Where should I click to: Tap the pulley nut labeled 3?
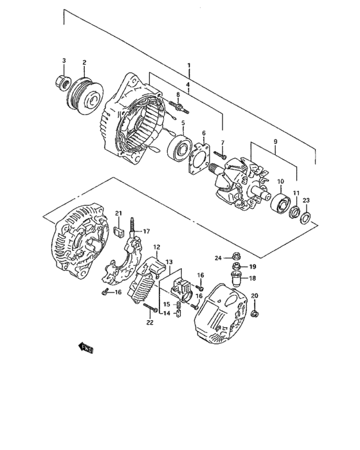(x=63, y=82)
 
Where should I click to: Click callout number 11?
(x=296, y=194)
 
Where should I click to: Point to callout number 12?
(x=156, y=247)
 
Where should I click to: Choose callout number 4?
(x=188, y=84)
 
